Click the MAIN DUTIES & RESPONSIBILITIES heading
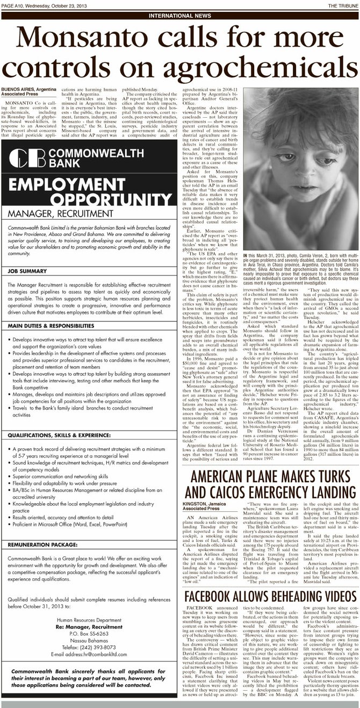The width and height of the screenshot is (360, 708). pyautogui.click(x=52, y=325)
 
